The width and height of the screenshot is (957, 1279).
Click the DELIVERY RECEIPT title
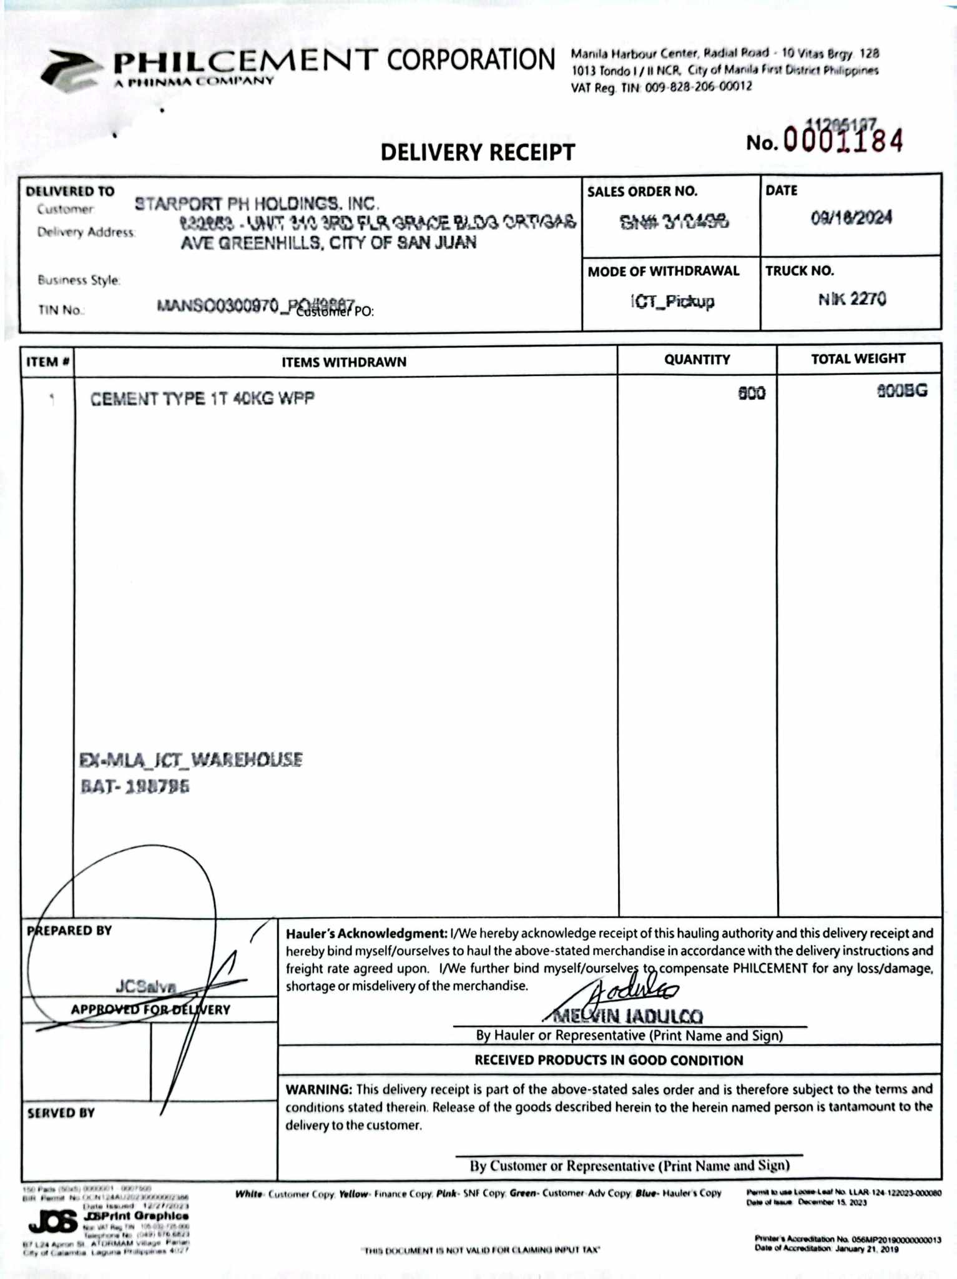coord(478,152)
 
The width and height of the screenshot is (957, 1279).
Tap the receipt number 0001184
coord(843,141)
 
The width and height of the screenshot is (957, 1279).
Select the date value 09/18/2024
coord(851,218)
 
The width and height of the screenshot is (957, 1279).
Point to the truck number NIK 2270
coord(852,300)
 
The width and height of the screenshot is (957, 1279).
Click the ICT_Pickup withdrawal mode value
coord(672,302)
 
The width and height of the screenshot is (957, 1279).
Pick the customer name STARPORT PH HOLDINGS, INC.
coord(257,204)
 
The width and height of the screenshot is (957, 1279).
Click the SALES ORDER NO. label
coord(642,192)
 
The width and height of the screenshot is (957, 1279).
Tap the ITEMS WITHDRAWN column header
coord(344,362)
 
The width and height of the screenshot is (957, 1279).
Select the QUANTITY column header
coord(697,360)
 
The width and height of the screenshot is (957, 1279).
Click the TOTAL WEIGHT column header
coord(858,359)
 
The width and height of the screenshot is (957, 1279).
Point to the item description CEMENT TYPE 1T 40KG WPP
coord(202,398)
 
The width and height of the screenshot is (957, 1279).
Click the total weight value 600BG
coord(902,392)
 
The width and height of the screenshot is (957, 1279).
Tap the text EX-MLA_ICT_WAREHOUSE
coord(191,760)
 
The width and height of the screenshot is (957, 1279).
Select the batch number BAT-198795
coord(135,787)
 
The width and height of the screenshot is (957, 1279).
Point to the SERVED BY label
coord(61,1114)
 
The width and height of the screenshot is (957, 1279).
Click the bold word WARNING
coord(318,1090)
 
